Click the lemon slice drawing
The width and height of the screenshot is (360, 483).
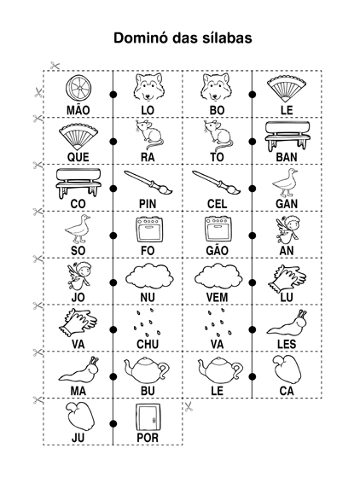[x=78, y=87]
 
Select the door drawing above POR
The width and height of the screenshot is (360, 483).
[x=148, y=417]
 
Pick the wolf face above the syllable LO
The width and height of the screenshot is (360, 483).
[x=148, y=87]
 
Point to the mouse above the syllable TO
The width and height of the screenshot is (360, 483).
[x=217, y=135]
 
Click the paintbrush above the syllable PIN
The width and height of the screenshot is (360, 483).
[x=148, y=183]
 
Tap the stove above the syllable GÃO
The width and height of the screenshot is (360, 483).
[x=217, y=230]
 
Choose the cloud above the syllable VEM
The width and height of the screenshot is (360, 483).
[x=218, y=276]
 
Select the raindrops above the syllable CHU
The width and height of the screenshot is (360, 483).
[x=148, y=323]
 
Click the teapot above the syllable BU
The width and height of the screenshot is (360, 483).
[x=147, y=370]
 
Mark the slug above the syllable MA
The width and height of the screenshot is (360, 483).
[x=79, y=370]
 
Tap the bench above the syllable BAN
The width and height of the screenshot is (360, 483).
[x=287, y=136]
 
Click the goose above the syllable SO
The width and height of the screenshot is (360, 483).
[x=78, y=230]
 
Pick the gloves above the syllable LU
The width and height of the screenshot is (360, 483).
[x=287, y=278]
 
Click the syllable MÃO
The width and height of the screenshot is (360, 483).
[x=78, y=109]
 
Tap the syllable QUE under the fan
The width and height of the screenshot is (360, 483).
[x=78, y=157]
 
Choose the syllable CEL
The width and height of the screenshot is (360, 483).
[x=217, y=204]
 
